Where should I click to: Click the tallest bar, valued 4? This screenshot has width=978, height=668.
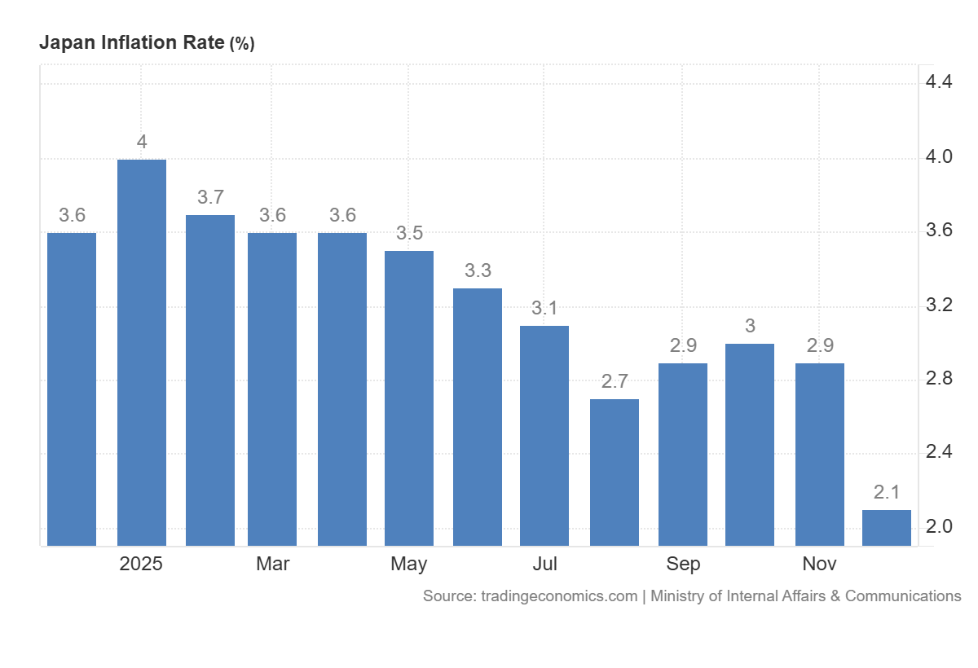pos(142,352)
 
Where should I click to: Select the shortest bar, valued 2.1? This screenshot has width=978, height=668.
pos(887,527)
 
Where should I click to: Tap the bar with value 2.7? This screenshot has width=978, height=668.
pos(615,472)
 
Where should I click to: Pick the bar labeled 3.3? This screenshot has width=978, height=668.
pos(478,417)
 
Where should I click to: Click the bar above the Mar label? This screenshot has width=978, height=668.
pos(272,389)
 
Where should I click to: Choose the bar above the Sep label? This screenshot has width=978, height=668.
pos(683,454)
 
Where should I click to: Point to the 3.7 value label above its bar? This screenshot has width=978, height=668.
pos(210,197)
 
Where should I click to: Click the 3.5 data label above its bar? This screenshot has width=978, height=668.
pos(409,233)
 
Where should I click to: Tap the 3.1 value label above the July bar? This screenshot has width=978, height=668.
pos(544,308)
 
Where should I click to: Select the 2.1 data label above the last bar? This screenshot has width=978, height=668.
pos(887,492)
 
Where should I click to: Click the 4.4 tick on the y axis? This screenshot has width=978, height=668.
pos(939,81)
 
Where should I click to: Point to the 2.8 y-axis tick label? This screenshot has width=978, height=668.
pos(939,378)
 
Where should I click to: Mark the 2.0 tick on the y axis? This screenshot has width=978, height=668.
pos(939,526)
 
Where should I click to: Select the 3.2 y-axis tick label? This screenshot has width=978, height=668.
pos(939,305)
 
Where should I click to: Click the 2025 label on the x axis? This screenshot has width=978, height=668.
pos(141,564)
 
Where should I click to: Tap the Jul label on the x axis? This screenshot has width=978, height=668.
pos(544,564)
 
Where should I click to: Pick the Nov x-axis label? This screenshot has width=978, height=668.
pos(819,564)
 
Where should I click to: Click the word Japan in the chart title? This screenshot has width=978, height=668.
pos(66,43)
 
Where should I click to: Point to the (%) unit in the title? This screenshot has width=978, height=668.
pos(241,45)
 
